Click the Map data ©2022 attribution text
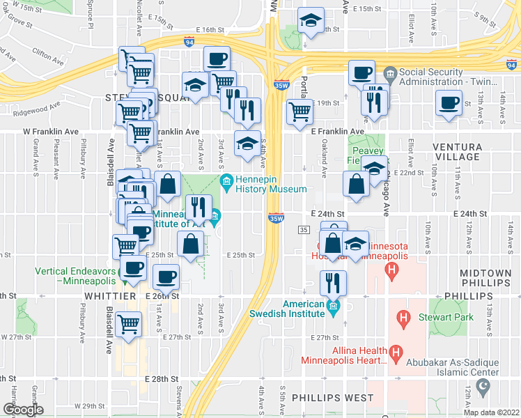click(492, 412)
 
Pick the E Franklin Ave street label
click(338, 131)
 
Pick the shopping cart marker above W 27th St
click(129, 323)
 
